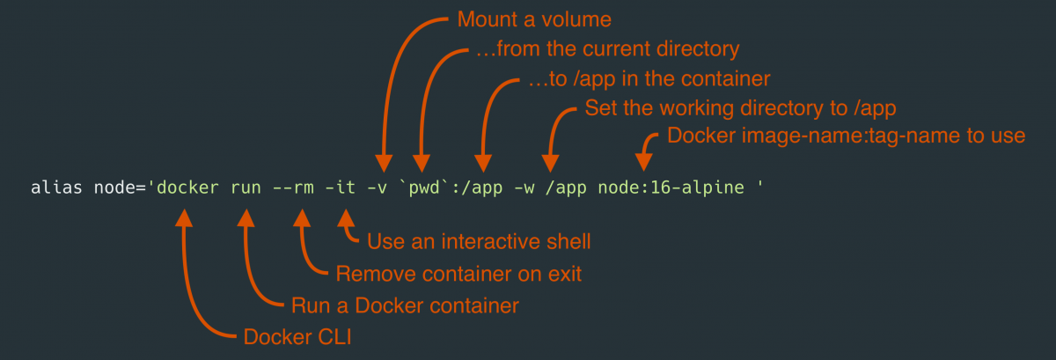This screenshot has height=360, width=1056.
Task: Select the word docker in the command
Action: [184, 188]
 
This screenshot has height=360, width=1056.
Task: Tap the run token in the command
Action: [246, 188]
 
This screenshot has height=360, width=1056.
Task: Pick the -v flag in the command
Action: [383, 188]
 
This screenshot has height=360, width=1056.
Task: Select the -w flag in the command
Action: [519, 188]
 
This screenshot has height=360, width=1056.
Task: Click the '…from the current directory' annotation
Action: [606, 48]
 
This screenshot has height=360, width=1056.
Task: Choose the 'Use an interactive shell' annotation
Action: [479, 241]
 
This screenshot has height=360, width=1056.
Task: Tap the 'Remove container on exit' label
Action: [458, 273]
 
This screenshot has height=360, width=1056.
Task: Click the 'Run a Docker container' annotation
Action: [404, 305]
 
